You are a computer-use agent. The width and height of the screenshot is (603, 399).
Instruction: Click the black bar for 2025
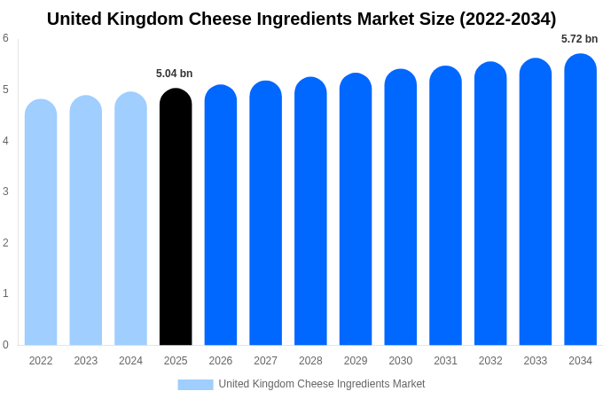(176, 217)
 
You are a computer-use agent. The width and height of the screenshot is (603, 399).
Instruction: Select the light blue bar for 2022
(41, 223)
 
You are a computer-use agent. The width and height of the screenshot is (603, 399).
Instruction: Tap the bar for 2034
(580, 199)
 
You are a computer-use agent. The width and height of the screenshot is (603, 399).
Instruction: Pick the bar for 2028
(310, 211)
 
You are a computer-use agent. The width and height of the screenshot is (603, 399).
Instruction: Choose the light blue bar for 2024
(130, 219)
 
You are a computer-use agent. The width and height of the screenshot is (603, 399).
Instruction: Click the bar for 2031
(445, 206)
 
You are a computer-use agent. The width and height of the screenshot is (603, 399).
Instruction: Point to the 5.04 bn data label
(174, 74)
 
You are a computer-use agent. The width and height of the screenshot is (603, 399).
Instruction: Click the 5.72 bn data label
(579, 39)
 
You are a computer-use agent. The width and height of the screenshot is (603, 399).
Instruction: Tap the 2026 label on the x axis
(221, 361)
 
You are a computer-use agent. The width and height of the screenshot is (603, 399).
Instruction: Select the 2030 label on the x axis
(400, 361)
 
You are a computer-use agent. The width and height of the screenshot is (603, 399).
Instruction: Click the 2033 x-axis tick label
(535, 361)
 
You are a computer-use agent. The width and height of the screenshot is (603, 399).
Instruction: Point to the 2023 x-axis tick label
(86, 361)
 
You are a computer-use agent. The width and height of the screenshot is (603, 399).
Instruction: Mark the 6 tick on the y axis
(5, 38)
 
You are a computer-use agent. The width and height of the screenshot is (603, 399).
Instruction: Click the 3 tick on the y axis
(5, 192)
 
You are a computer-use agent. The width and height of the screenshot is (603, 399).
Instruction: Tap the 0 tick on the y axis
(5, 345)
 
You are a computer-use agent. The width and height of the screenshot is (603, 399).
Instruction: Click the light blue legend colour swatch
(195, 385)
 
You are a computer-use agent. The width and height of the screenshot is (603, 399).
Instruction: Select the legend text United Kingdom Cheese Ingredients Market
(322, 384)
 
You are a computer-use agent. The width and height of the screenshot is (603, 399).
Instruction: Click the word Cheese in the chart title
(247, 19)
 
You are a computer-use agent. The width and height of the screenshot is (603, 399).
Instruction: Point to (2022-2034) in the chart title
(507, 19)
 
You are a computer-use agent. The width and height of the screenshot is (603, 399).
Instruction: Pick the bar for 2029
(356, 209)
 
